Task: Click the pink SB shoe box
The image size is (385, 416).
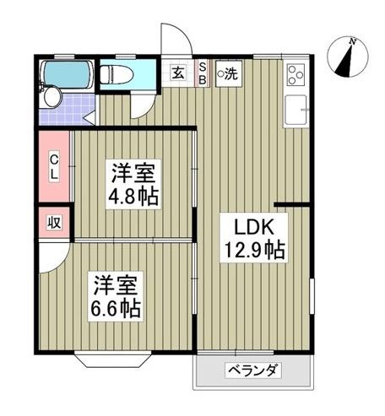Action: [203, 73]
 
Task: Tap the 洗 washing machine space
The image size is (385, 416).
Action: [228, 73]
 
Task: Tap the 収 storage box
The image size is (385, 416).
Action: [52, 223]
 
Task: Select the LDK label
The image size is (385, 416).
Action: [249, 226]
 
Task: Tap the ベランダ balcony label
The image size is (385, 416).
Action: [252, 370]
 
